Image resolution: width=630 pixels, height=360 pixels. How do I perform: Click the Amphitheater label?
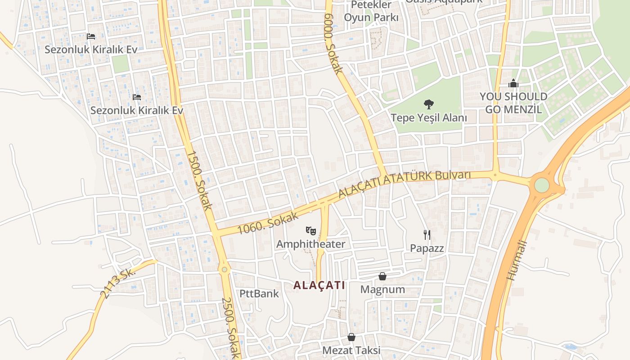click(x=310, y=244)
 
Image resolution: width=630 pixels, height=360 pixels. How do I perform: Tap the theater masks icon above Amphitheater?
click(x=310, y=231)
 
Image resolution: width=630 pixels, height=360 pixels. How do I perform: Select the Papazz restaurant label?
click(x=427, y=248)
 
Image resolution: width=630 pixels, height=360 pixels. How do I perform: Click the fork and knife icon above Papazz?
click(x=427, y=234)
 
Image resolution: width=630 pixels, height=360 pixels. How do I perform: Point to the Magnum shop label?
click(x=382, y=289)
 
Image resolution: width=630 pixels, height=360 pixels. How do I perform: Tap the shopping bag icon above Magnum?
click(x=382, y=276)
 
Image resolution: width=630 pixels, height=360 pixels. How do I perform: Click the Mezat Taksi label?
click(x=351, y=350)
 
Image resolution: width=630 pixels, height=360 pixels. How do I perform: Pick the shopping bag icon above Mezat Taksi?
click(x=351, y=337)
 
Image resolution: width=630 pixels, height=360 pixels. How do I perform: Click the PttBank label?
click(x=259, y=294)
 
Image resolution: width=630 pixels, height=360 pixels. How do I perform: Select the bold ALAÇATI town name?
click(x=319, y=285)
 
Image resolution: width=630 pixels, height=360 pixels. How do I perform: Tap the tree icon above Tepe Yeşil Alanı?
click(x=428, y=104)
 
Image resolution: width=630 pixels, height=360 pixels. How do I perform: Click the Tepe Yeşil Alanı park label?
click(x=428, y=118)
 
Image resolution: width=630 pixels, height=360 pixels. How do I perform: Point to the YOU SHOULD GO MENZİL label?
click(x=513, y=103)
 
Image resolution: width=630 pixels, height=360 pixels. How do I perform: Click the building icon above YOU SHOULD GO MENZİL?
click(x=513, y=83)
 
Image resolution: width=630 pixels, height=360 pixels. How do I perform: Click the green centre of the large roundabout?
click(x=542, y=185)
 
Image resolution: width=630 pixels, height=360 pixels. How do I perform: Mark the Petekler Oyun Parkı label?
click(x=371, y=11)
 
